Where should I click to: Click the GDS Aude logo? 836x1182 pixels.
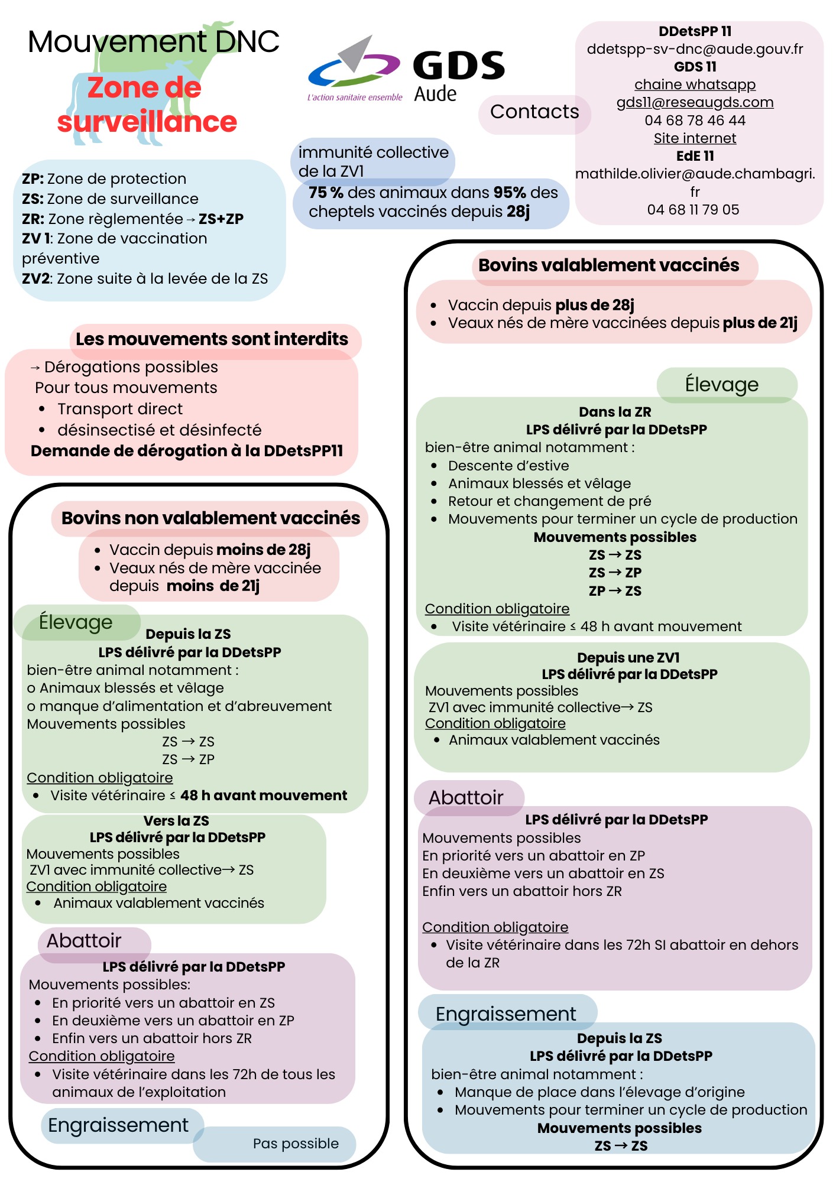point(407,71)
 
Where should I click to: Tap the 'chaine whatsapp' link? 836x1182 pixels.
point(695,85)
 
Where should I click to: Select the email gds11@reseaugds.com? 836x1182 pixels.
point(695,102)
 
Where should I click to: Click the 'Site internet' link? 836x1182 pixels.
point(695,138)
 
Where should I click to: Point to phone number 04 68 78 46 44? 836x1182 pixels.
point(695,121)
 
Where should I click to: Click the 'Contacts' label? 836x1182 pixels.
point(534,112)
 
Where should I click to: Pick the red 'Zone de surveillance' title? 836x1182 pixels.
point(147,105)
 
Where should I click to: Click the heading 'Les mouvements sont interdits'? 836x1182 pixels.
point(212,339)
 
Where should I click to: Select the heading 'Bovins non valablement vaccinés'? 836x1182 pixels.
point(210,518)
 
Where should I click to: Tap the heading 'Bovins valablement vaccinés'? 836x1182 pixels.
point(608,265)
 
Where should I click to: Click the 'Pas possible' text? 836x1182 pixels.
point(296,1144)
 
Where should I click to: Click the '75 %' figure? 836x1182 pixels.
point(326,193)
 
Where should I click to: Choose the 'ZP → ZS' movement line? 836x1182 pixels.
point(615,591)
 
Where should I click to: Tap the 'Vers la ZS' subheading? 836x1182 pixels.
point(176,821)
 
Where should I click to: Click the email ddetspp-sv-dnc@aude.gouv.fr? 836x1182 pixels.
point(695,49)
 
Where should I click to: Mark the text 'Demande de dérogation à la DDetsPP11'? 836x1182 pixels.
point(187,451)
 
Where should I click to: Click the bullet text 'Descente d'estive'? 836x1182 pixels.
point(508,466)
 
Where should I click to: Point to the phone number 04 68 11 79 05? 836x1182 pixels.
point(693,210)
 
